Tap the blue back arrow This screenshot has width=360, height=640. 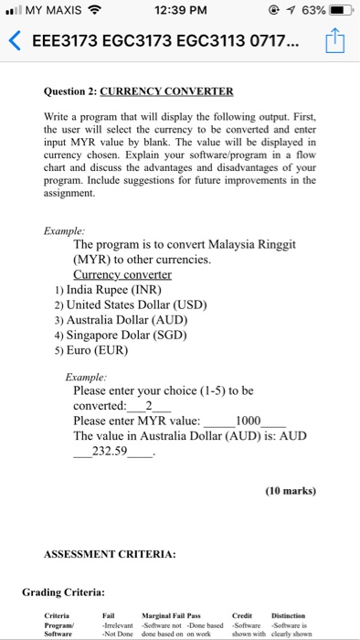pos(13,42)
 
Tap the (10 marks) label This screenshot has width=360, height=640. pos(291,490)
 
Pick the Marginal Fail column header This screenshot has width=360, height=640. pos(166,615)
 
